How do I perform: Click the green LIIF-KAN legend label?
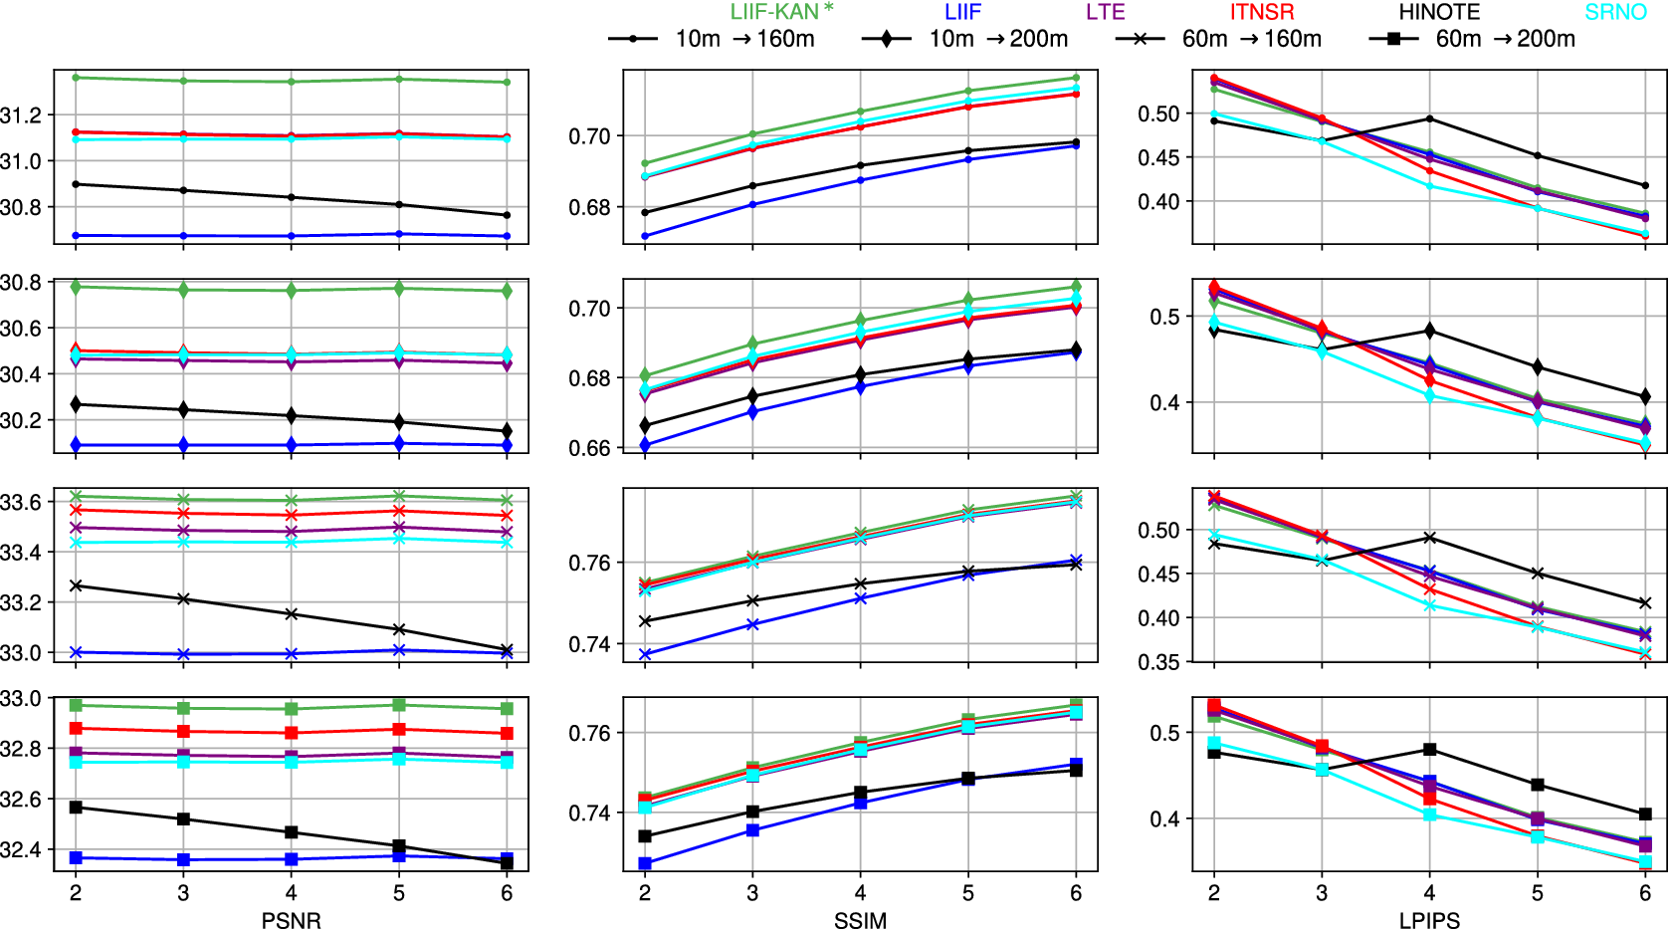point(782,11)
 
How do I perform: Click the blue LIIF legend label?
point(963,12)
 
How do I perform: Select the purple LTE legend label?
point(1106,12)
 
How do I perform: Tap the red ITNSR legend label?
point(1261,12)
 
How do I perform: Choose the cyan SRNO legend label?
point(1616,12)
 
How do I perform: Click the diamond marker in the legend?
point(886,39)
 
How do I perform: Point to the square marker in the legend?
point(1393,39)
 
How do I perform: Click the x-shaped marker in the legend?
point(1140,39)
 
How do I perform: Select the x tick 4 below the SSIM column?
point(860,892)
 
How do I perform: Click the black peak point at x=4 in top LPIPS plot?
point(1430,118)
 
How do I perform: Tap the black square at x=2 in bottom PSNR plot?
point(76,808)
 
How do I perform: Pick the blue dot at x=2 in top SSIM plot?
point(645,236)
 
